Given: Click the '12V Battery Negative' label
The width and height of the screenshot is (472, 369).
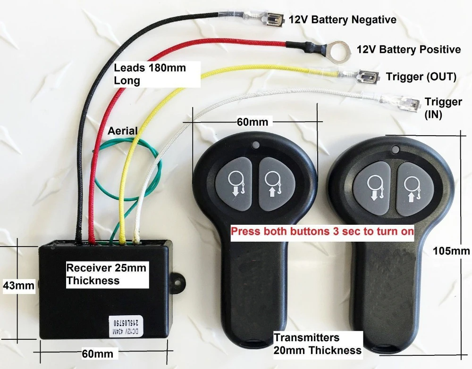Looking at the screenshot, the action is point(343,20).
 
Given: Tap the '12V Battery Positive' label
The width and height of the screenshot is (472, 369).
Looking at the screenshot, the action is point(409,49).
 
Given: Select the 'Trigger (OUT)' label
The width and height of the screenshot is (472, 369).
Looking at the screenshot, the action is point(421,77).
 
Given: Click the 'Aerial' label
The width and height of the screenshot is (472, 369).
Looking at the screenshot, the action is point(123,131).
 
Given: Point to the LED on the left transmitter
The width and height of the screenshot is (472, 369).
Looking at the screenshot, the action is point(256,146).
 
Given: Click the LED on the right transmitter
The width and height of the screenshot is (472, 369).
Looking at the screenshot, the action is point(395,149).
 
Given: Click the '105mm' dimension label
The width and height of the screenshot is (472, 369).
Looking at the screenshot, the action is point(451,251).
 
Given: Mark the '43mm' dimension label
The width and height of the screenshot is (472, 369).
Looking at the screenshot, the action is point(19,285).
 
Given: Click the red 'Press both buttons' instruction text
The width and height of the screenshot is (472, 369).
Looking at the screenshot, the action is point(322,231).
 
